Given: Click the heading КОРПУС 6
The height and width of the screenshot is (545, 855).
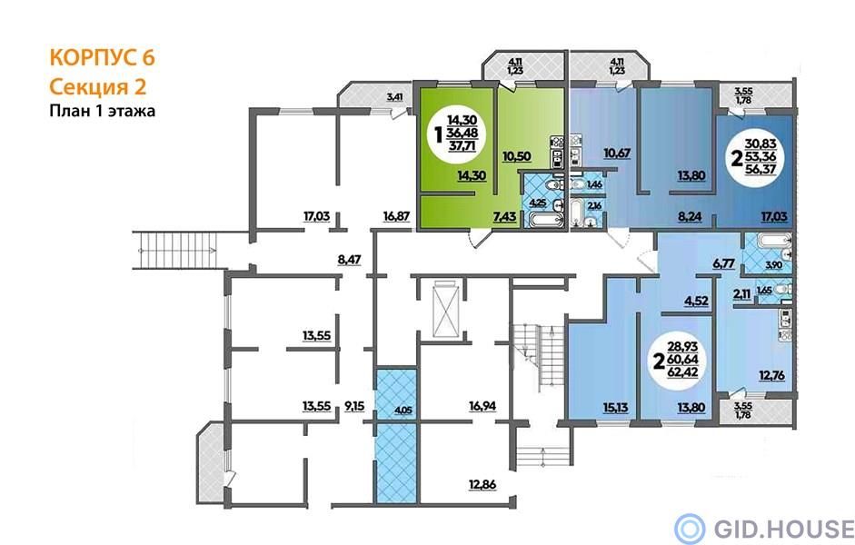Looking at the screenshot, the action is coord(103,58).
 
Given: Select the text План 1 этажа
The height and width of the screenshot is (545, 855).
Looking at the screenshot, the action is coord(103,111).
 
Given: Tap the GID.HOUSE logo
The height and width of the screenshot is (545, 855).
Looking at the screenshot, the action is coord(763,529).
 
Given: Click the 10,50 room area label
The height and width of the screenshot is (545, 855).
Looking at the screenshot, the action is coord(517,156).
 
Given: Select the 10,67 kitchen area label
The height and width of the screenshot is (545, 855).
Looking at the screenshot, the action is coord(617,154).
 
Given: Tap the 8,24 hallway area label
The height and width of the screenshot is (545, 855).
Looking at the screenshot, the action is coord(690,216).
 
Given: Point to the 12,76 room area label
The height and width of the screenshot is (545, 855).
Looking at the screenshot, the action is coord(772,375).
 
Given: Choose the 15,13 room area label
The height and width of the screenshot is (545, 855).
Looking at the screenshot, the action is coord(615,407).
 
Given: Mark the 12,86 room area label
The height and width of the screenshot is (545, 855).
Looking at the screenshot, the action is coord(482,484).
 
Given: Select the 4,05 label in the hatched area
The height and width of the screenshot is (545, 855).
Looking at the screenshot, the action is coord(403,411).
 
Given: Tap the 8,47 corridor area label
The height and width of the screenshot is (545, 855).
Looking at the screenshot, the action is coord(350,260).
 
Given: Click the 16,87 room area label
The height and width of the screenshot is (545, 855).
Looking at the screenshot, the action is coord(396,216).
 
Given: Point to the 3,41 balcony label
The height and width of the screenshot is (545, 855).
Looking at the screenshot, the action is coord(395,97).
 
